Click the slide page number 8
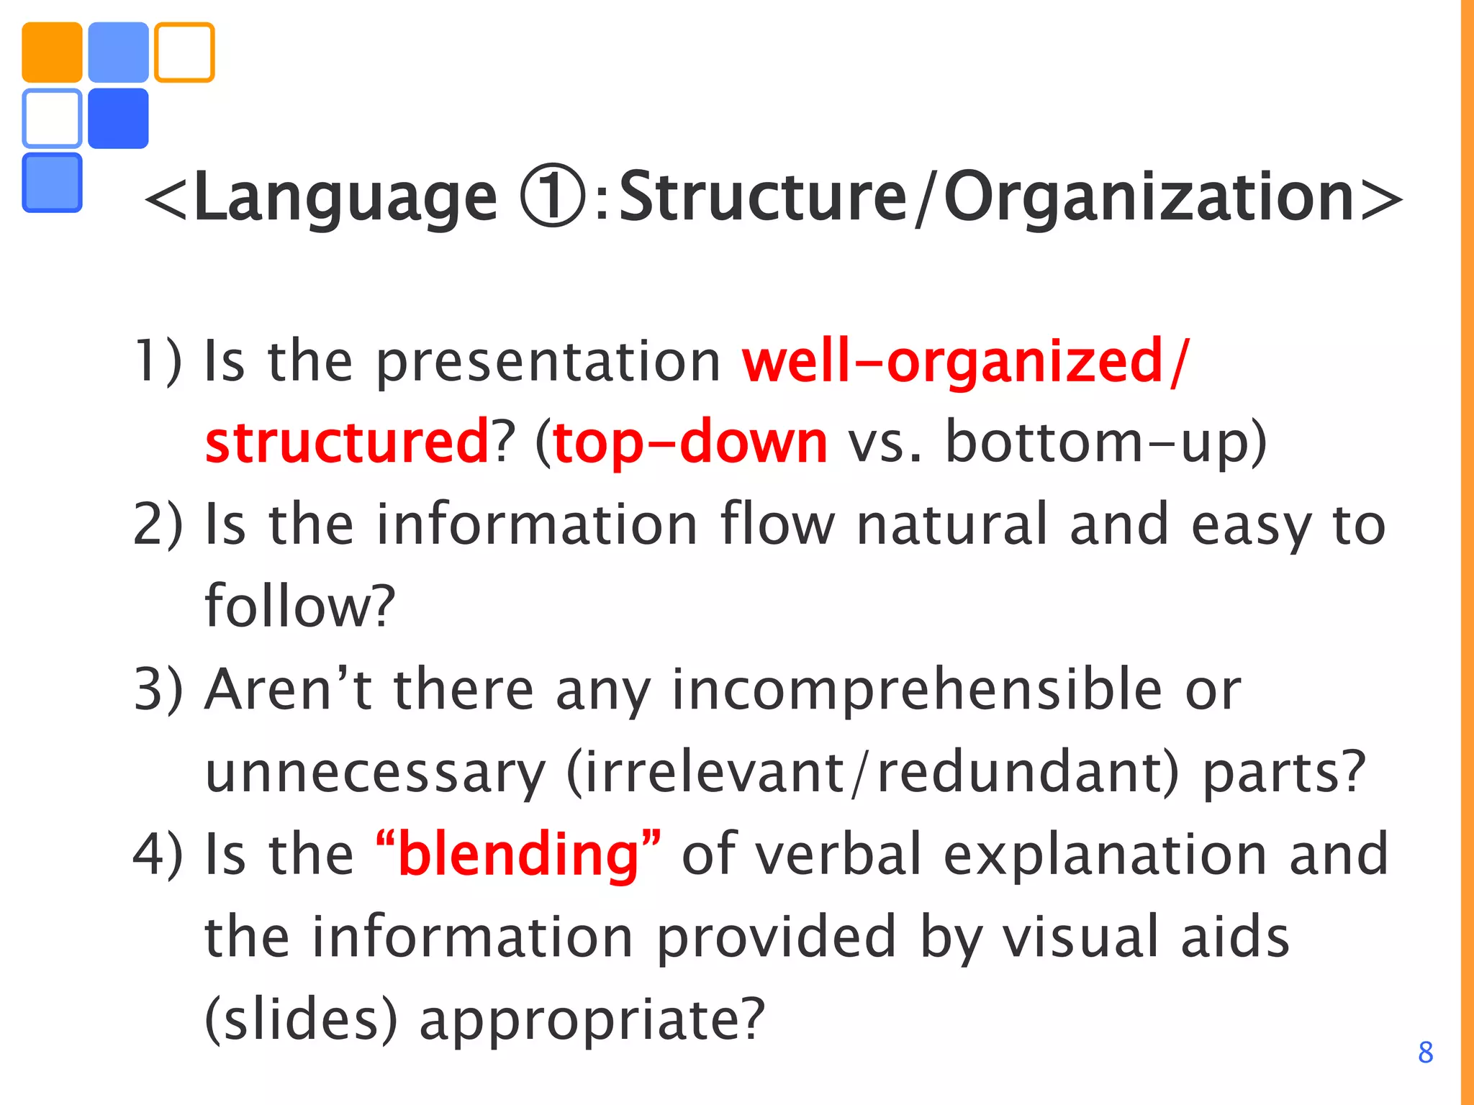[x=1425, y=1052]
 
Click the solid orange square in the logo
[x=52, y=53]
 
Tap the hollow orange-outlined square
[x=184, y=53]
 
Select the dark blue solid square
[x=118, y=119]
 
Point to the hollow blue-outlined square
[x=52, y=119]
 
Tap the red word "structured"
[x=347, y=442]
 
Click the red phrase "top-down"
[x=690, y=443]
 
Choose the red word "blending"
[x=518, y=855]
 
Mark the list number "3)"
[x=158, y=689]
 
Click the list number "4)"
[x=158, y=855]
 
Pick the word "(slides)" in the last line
[x=301, y=1020]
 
